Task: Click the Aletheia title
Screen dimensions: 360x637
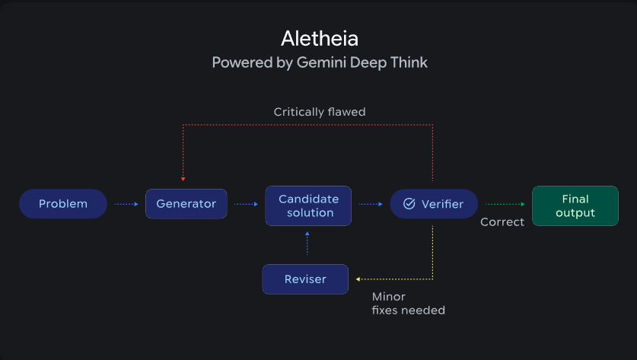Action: point(319,38)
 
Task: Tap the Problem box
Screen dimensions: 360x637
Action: point(63,204)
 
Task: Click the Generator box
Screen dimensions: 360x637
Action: point(186,204)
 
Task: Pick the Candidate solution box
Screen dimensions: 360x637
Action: point(308,205)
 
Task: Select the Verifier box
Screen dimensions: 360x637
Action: point(433,204)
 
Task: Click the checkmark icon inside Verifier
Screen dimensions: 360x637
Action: point(409,204)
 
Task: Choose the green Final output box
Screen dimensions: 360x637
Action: point(575,205)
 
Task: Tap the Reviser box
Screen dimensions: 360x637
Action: point(305,279)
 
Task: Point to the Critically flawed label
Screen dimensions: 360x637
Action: point(320,112)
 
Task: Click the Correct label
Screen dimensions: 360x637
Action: point(502,222)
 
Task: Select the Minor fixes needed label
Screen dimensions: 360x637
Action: point(408,303)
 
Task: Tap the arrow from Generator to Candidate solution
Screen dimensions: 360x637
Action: point(246,204)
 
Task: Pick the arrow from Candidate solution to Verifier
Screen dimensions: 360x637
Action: point(371,204)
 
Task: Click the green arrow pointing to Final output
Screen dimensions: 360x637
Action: point(505,204)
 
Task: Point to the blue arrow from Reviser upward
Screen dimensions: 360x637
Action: point(307,244)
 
